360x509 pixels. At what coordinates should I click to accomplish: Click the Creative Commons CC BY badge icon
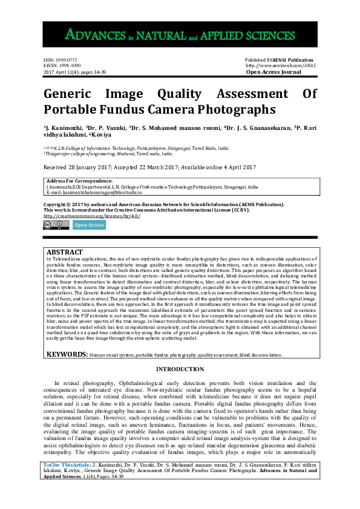click(56, 225)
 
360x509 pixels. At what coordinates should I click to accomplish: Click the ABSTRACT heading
click(65, 251)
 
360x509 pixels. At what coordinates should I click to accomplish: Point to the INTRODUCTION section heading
click(180, 369)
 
